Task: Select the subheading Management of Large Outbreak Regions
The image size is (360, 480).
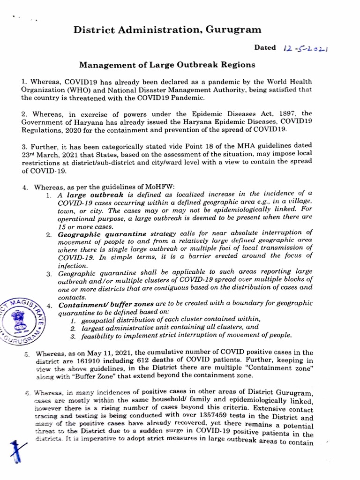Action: pyautogui.click(x=166, y=64)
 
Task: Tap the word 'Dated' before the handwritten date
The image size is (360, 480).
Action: pyautogui.click(x=265, y=48)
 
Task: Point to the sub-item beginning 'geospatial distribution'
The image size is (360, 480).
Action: pyautogui.click(x=165, y=319)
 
